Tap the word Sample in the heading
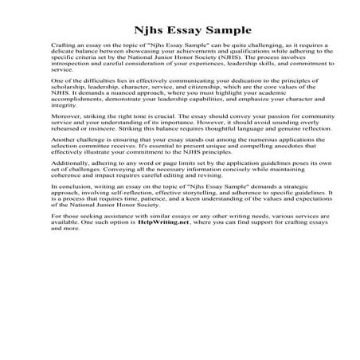[x=213, y=22]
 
